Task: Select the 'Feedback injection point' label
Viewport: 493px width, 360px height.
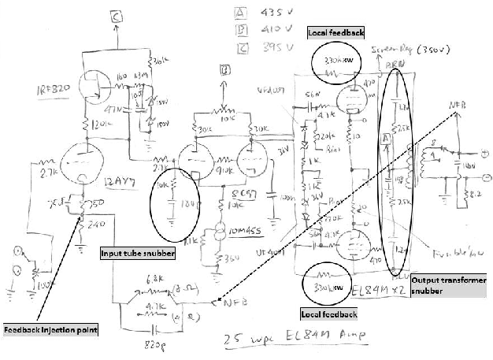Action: pyautogui.click(x=50, y=329)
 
